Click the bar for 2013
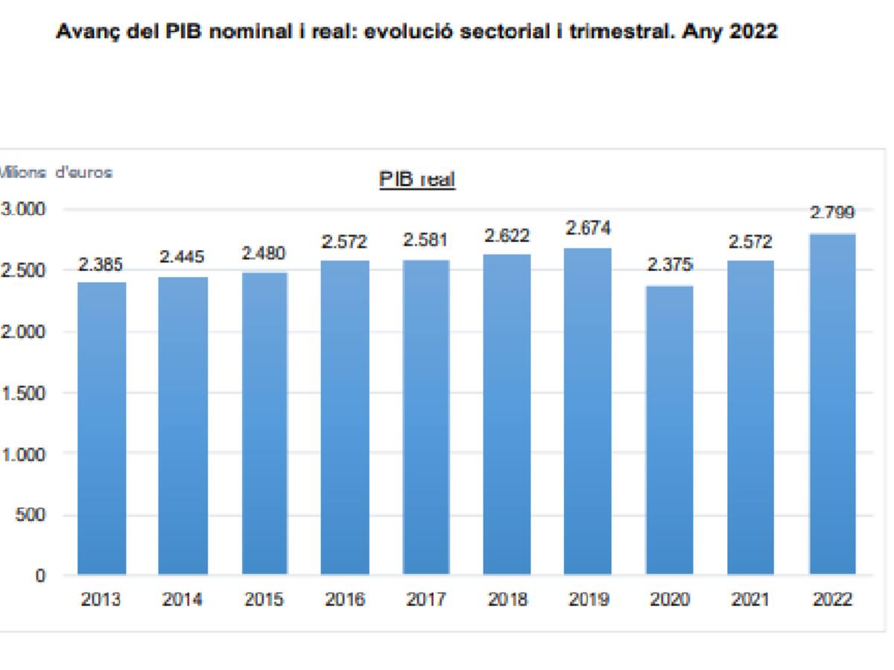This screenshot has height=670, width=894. click(102, 428)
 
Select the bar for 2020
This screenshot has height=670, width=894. click(669, 430)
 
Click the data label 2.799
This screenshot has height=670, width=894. click(831, 213)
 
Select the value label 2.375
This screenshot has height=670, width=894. click(669, 265)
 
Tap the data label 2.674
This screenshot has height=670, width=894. click(588, 228)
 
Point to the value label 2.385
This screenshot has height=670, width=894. click(101, 265)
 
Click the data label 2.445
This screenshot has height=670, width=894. click(183, 258)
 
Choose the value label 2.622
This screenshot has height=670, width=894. click(507, 235)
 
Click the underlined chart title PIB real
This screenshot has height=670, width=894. click(417, 180)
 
